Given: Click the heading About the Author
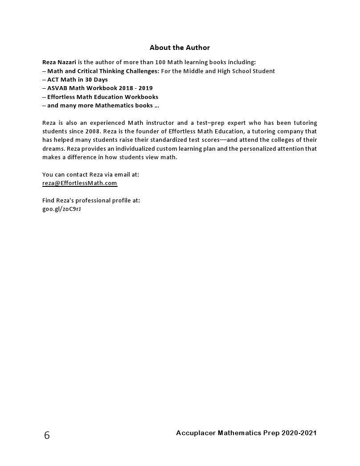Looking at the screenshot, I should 180,48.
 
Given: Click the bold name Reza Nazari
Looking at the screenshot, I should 59,62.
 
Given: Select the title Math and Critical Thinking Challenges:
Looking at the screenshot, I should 103,71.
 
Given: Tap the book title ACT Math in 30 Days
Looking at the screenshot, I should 78,79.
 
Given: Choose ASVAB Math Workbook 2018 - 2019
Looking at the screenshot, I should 100,88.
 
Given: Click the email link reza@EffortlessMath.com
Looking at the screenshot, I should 80,183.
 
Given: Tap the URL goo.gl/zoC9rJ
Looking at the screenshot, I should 61,209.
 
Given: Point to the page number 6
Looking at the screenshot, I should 47,436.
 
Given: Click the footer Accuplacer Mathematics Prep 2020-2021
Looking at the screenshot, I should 246,433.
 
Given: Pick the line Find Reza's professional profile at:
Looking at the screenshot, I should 91,200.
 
